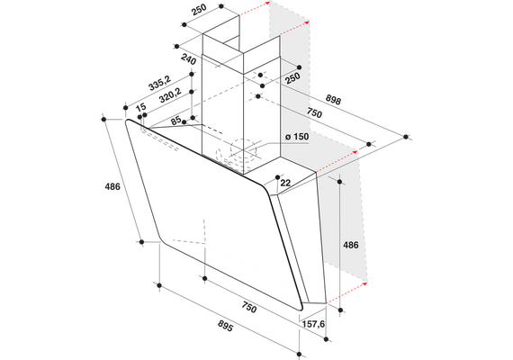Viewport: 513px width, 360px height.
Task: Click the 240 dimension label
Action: (188, 60)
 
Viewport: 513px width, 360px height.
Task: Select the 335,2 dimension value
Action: (159, 83)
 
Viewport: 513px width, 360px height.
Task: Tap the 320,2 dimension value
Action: (170, 95)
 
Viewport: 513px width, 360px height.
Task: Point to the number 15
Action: (140, 107)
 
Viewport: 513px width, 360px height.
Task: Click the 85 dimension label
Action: (176, 121)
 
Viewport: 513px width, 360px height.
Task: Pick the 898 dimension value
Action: (333, 100)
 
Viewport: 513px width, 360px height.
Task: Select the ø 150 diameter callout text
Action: (297, 137)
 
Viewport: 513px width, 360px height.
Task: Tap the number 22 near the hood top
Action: (285, 183)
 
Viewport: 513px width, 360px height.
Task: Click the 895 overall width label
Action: (225, 326)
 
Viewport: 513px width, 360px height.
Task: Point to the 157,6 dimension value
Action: (313, 324)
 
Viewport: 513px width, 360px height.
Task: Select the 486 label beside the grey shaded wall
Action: (350, 245)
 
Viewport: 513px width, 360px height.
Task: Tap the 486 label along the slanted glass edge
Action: (112, 186)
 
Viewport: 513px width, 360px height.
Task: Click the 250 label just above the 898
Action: (292, 78)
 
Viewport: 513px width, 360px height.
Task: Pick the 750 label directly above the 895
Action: (249, 307)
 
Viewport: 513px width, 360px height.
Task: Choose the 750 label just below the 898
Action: (314, 112)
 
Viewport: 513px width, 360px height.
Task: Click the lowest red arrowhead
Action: (364, 283)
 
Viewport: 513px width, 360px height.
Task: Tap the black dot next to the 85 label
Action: (184, 122)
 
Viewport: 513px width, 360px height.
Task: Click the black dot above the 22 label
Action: (278, 177)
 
